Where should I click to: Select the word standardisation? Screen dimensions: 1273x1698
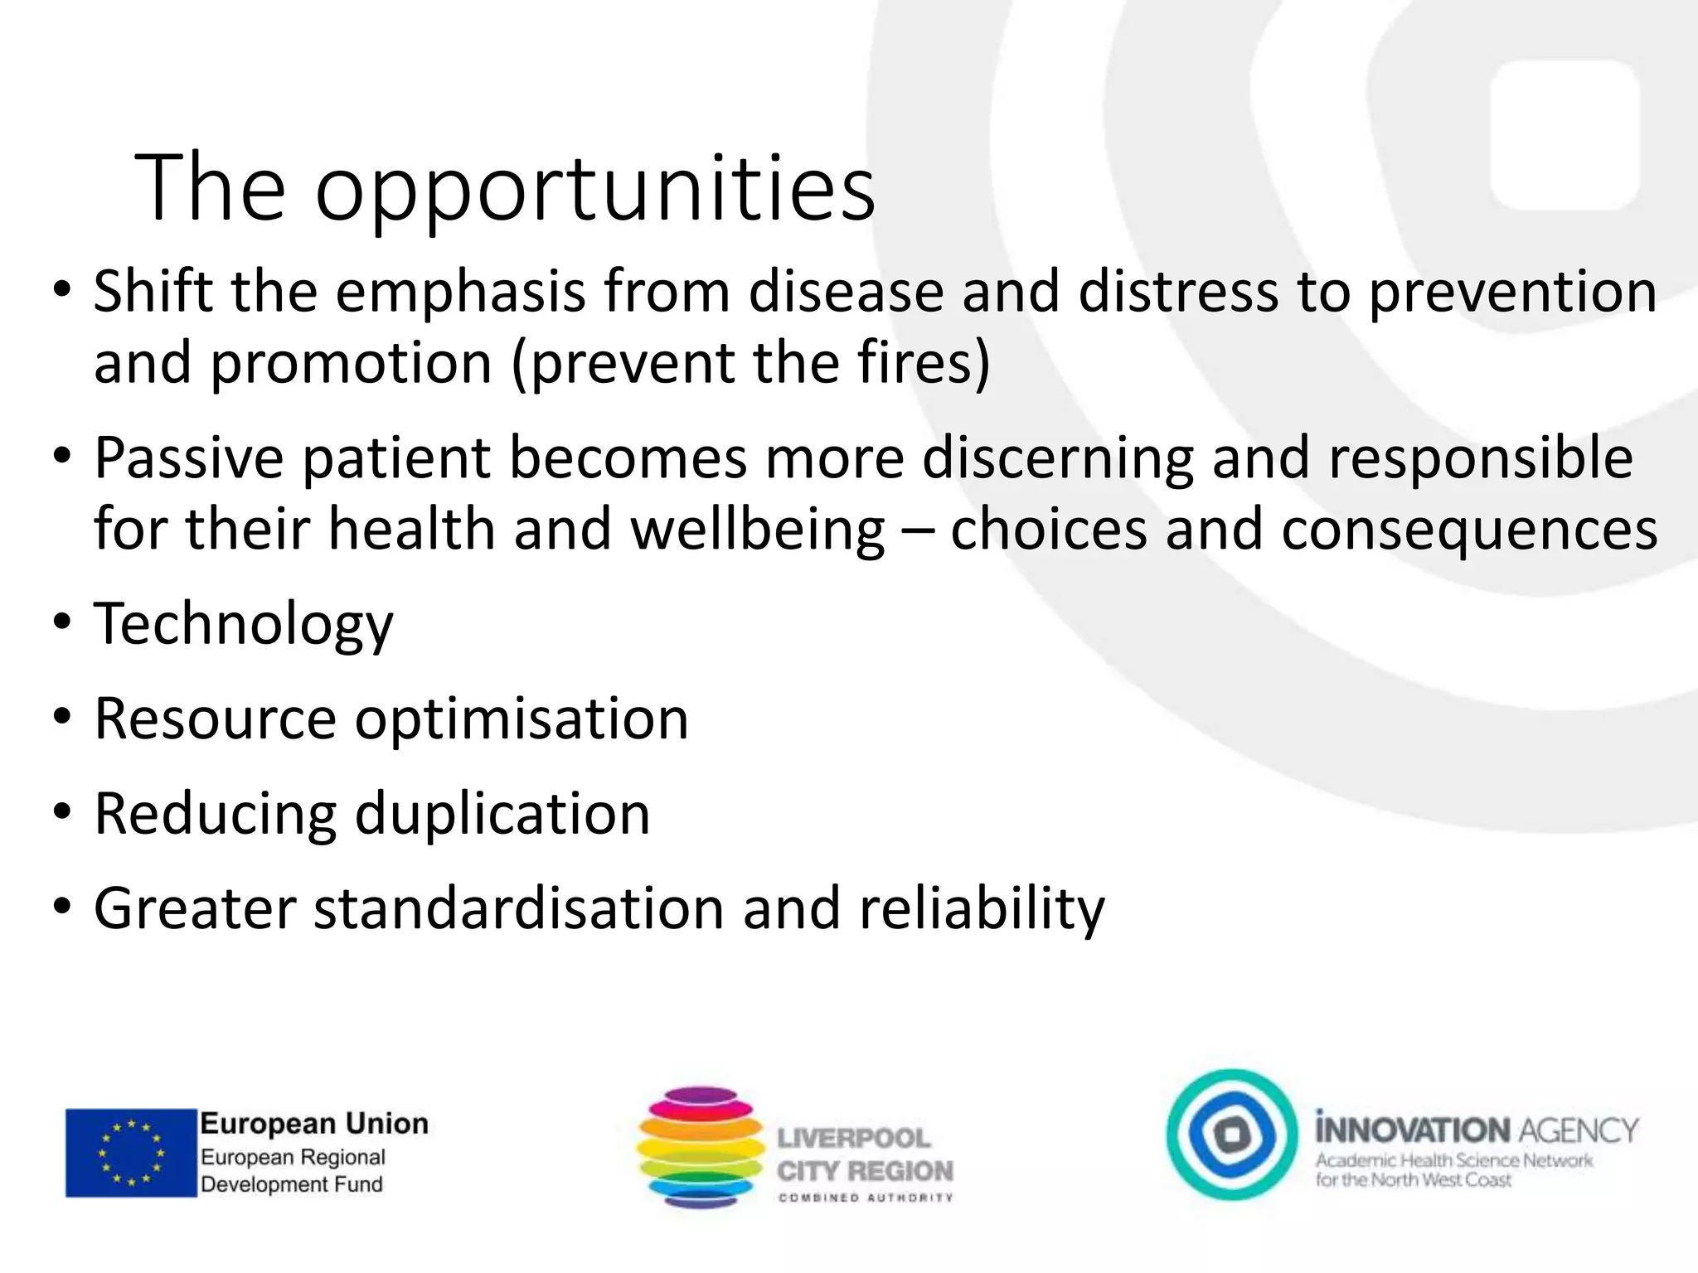point(518,908)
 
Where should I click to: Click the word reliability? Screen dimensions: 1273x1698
point(982,908)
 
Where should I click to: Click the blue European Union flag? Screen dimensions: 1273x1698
point(130,1153)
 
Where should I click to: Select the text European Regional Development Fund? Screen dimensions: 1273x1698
point(293,1170)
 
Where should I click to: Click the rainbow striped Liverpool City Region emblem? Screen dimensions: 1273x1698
point(701,1147)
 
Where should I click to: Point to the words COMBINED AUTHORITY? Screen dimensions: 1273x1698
point(865,1197)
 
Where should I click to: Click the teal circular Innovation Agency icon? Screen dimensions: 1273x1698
point(1232,1135)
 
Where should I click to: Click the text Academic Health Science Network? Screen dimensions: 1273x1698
point(1453,1160)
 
